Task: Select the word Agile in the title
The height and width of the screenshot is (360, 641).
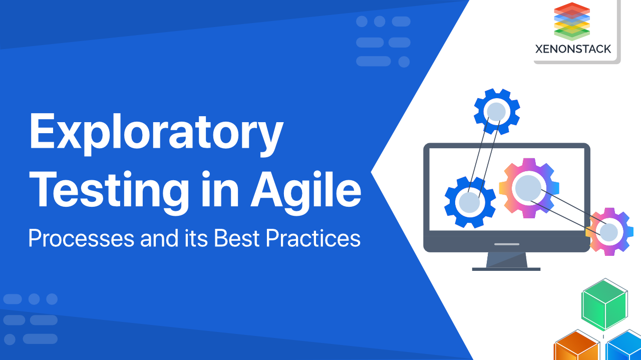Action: point(306,191)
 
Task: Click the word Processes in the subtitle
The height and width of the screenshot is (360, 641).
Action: point(81,238)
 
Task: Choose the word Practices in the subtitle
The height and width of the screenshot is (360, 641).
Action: point(313,238)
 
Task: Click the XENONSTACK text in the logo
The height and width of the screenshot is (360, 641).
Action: point(573,49)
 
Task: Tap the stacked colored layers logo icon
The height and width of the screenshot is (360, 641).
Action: point(572,21)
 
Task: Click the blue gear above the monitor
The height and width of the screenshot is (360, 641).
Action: point(497,111)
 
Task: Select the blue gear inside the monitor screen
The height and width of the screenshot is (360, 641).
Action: point(470,202)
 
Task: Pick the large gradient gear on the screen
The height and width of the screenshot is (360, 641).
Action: point(529,188)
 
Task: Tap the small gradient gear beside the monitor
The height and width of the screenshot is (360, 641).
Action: point(609,232)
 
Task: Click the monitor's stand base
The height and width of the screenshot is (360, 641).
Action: point(506,268)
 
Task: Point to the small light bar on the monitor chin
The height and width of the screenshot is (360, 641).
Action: point(507,244)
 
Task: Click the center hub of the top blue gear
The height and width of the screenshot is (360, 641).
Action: point(497,111)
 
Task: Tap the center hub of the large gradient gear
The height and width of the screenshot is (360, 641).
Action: point(529,188)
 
